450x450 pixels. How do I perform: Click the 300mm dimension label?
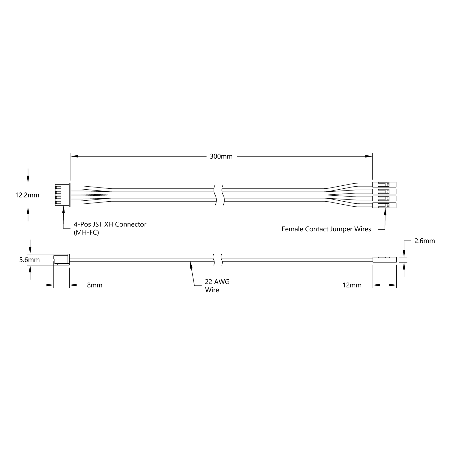point(221,156)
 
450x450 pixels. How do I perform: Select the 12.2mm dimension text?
point(27,195)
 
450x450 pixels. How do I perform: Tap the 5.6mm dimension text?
point(29,260)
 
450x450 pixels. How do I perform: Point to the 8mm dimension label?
point(95,285)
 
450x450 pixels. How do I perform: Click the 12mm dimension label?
point(352,285)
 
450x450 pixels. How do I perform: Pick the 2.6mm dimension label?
point(424,241)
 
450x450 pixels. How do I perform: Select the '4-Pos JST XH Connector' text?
point(110,224)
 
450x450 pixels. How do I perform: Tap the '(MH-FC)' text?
point(86,232)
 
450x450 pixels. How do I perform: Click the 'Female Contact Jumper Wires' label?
point(326,229)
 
